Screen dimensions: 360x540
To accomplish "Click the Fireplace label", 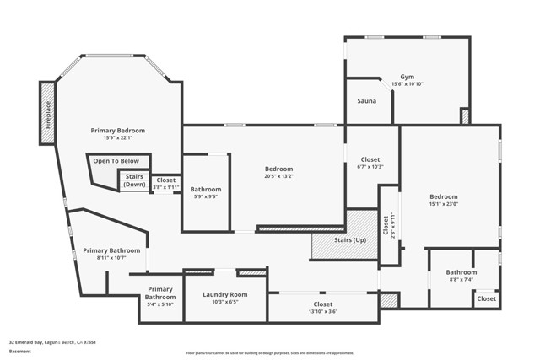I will pos(47,111).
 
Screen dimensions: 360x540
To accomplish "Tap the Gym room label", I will pos(407,76).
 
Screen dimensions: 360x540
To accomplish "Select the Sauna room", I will pos(367,101).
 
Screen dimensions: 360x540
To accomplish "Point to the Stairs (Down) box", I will pos(134,180).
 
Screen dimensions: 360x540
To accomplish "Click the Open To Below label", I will pos(116,160).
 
